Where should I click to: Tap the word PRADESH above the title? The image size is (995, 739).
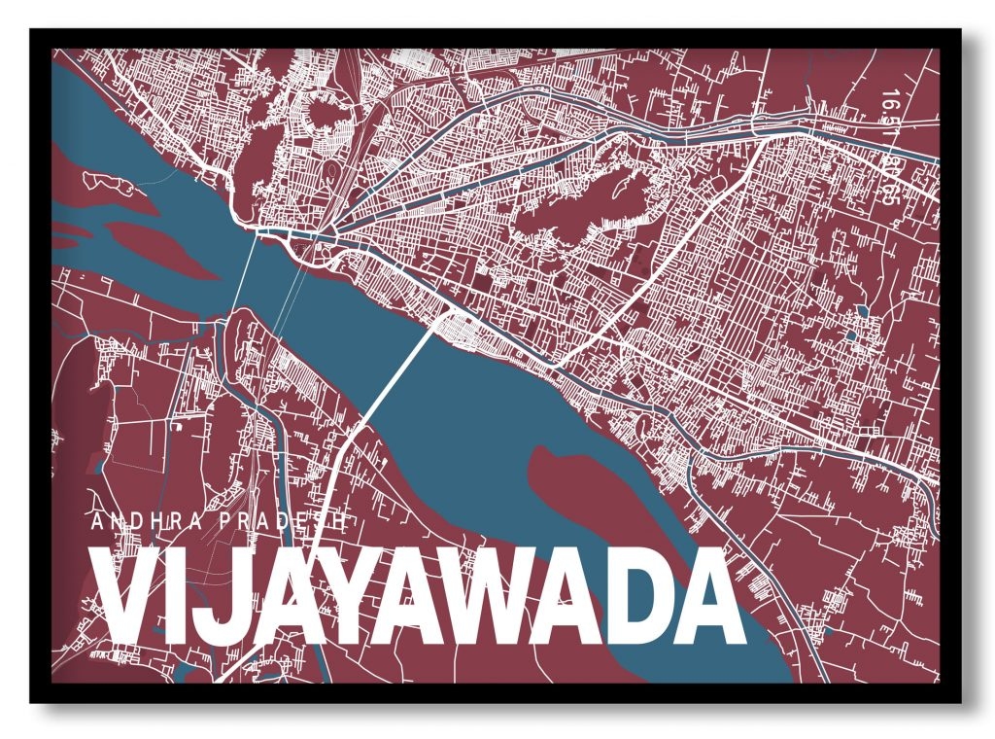tap(283, 522)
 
